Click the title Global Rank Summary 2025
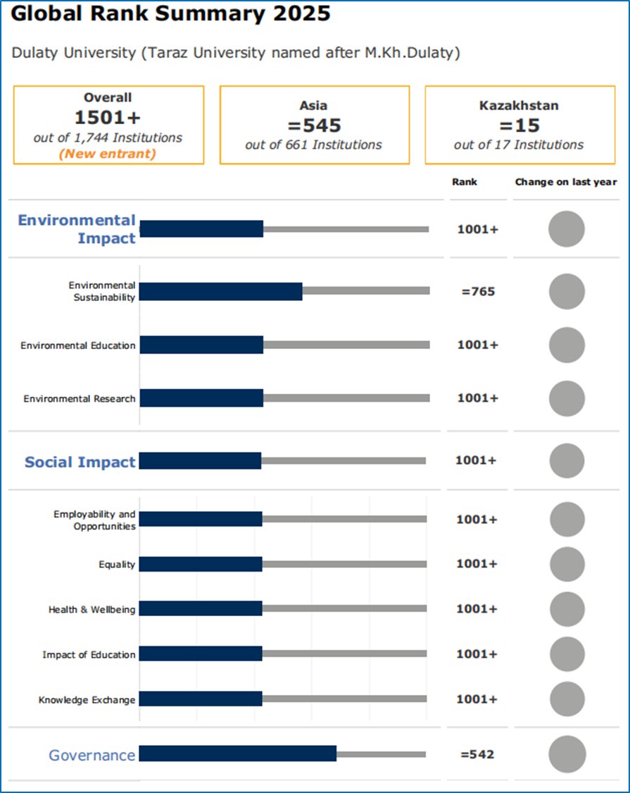(170, 14)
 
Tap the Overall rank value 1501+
(108, 118)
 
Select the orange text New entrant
(108, 154)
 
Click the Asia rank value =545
(313, 125)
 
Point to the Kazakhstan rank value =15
(519, 125)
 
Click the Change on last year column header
(566, 182)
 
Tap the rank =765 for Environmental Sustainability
(478, 291)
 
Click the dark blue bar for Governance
(238, 754)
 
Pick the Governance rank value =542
(477, 754)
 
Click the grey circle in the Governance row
(567, 754)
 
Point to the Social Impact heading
(80, 462)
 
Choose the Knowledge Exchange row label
(87, 700)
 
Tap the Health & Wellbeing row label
(92, 610)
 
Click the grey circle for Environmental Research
(566, 398)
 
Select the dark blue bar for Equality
(201, 564)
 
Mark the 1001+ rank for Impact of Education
(477, 654)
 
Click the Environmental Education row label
(77, 345)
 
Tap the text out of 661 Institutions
(313, 145)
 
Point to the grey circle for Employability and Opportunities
(567, 520)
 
